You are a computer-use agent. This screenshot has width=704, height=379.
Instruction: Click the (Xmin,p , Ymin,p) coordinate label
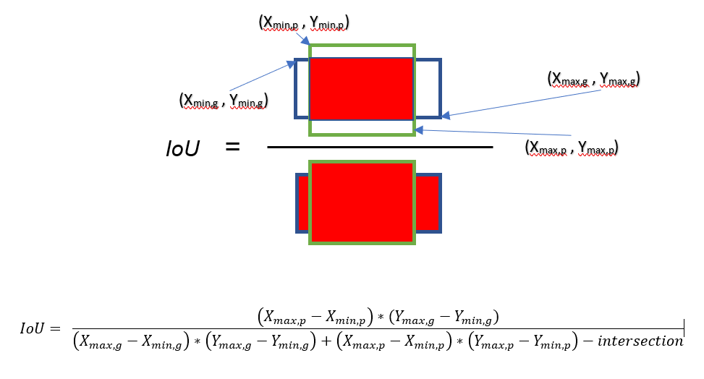point(304,24)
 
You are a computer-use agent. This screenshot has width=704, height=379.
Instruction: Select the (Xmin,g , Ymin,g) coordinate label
point(224,101)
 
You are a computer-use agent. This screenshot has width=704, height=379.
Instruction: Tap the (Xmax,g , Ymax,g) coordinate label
point(594,79)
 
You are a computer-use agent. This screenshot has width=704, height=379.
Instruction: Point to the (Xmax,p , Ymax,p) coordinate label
point(572,148)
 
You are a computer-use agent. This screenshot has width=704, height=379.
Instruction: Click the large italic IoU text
point(182,149)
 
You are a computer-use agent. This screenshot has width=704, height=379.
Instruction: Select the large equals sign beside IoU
point(232,146)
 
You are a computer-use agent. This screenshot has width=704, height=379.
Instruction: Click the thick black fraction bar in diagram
point(379,147)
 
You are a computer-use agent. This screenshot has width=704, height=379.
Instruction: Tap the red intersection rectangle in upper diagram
point(361,89)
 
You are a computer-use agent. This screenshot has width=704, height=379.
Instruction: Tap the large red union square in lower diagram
point(361,203)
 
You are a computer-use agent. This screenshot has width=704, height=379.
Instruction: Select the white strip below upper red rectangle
point(361,127)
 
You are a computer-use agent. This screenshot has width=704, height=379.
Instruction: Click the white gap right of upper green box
point(426,89)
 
